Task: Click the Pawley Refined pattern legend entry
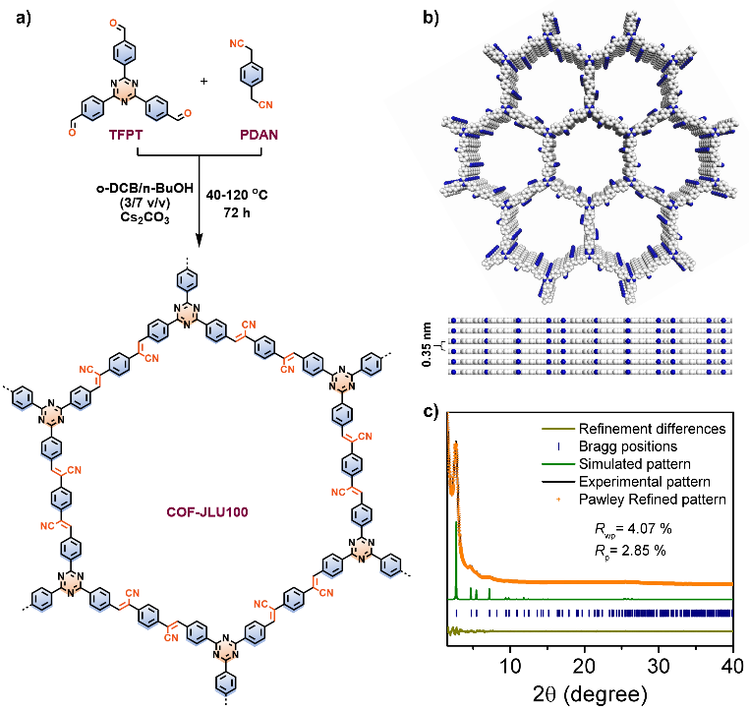click(652, 500)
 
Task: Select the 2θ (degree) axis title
click(588, 691)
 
